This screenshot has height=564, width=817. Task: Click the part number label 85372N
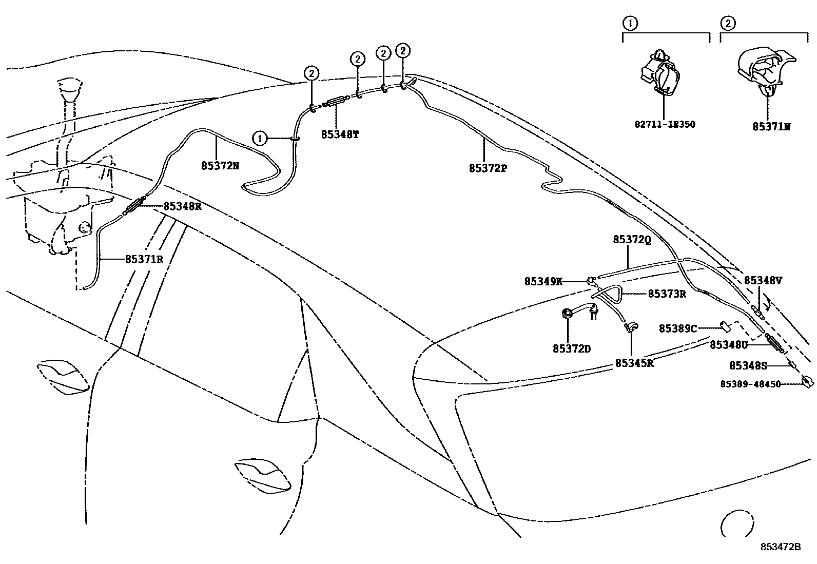tap(220, 166)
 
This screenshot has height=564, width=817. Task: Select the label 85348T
tap(340, 134)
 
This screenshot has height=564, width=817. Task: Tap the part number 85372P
tap(488, 168)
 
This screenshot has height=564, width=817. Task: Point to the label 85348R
tap(182, 206)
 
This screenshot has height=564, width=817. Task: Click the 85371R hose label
tap(144, 259)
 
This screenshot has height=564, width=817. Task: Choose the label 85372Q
tap(632, 240)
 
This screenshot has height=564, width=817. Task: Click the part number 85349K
tap(543, 281)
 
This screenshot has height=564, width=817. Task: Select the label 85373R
tap(667, 294)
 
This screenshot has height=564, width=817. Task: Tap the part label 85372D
tap(572, 349)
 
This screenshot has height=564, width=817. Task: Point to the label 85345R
tap(634, 363)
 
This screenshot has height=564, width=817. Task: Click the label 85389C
tap(677, 328)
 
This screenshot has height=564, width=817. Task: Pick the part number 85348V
tap(763, 280)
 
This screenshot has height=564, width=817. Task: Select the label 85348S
tap(748, 366)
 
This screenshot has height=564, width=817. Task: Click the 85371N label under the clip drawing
tap(771, 126)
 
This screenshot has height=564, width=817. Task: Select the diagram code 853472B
tap(781, 547)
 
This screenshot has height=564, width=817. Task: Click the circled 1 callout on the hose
tap(260, 138)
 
